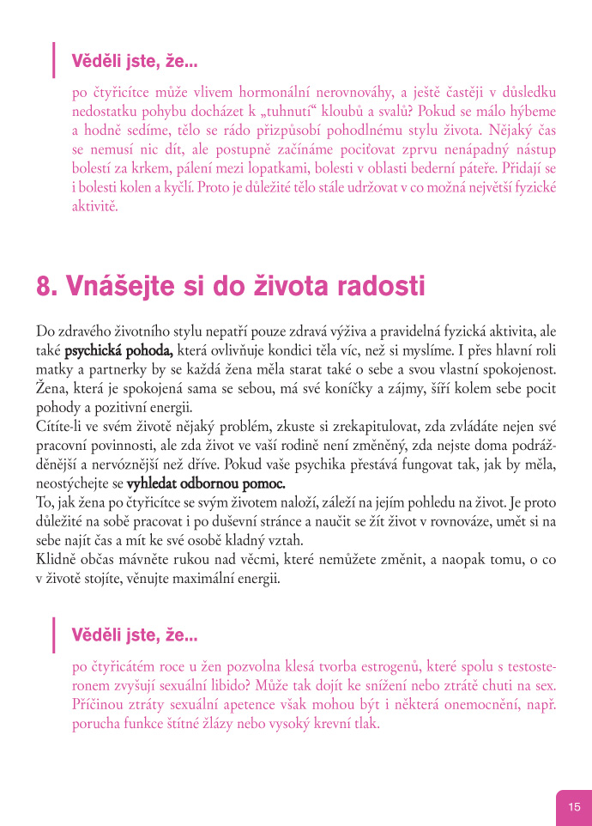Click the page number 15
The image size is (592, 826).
click(x=574, y=806)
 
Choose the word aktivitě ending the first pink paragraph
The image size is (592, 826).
click(x=94, y=206)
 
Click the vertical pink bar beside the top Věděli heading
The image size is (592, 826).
click(x=54, y=60)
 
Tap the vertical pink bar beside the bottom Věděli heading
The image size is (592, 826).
click(x=54, y=635)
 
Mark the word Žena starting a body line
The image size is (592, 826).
click(x=51, y=388)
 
